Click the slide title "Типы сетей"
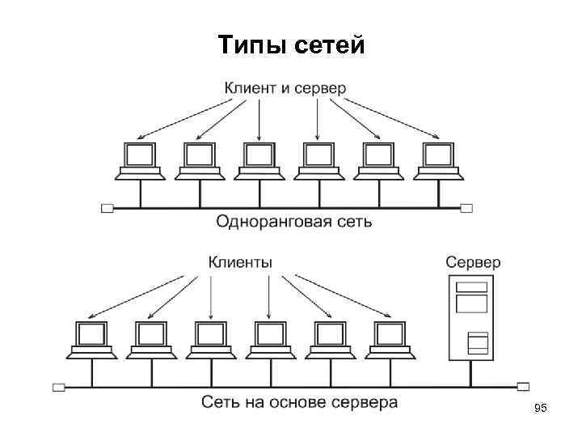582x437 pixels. pos(291,46)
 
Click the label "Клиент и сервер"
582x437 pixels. pos(285,87)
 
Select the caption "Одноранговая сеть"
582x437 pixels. pos(294,221)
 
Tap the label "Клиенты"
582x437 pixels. pos(241,262)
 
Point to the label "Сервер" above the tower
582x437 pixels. pos(473,262)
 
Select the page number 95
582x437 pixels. pos(541,411)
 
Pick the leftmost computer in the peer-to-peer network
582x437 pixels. pos(140,161)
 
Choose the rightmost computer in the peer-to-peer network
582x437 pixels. pos(437,161)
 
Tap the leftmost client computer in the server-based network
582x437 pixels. pos(91,340)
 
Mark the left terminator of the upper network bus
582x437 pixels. pos(108,208)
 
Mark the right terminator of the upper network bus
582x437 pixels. pos(466,208)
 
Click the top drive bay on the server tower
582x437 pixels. pos(472,287)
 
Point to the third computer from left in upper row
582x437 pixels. pos(259,161)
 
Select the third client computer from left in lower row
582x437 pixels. pos(210,340)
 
